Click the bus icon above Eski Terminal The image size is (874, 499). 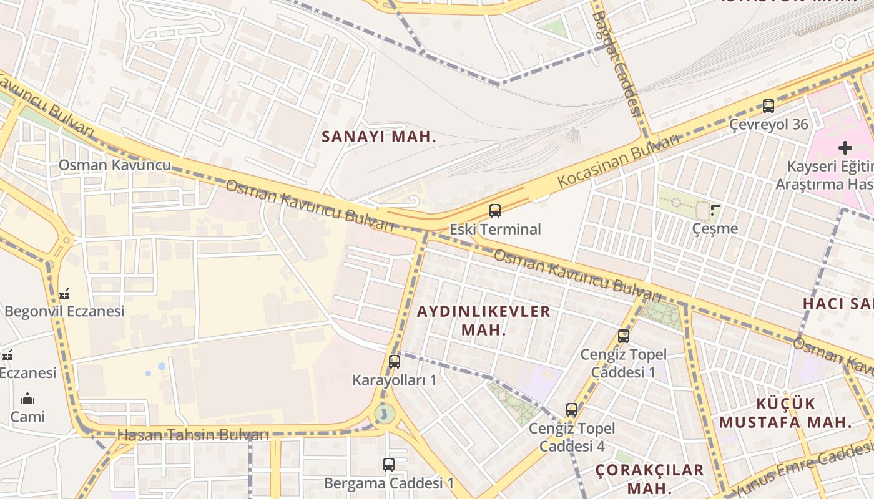pyautogui.click(x=495, y=211)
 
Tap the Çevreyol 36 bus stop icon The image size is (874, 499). pyautogui.click(x=768, y=106)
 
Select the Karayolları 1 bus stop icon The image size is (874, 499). pyautogui.click(x=395, y=361)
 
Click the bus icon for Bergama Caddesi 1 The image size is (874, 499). pyautogui.click(x=389, y=464)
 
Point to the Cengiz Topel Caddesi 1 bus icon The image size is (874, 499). pyautogui.click(x=624, y=336)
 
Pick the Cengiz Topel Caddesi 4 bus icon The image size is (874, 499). pyautogui.click(x=572, y=410)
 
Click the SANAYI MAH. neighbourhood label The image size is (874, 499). pyautogui.click(x=379, y=137)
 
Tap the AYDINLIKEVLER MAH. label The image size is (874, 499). pyautogui.click(x=484, y=321)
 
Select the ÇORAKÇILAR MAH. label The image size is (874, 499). pyautogui.click(x=649, y=478)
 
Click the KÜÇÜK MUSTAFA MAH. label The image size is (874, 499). pyautogui.click(x=785, y=412)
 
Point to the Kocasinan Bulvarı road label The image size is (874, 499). pyautogui.click(x=618, y=160)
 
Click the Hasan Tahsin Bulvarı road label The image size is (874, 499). pyautogui.click(x=193, y=435)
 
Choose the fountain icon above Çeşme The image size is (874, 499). pyautogui.click(x=715, y=210)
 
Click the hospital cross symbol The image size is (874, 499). pyautogui.click(x=845, y=148)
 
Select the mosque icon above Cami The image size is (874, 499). pyautogui.click(x=27, y=399)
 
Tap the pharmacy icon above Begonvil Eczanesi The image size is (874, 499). pyautogui.click(x=64, y=293)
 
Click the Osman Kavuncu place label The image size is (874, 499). pyautogui.click(x=114, y=165)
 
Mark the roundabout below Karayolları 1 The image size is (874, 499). pyautogui.click(x=384, y=414)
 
